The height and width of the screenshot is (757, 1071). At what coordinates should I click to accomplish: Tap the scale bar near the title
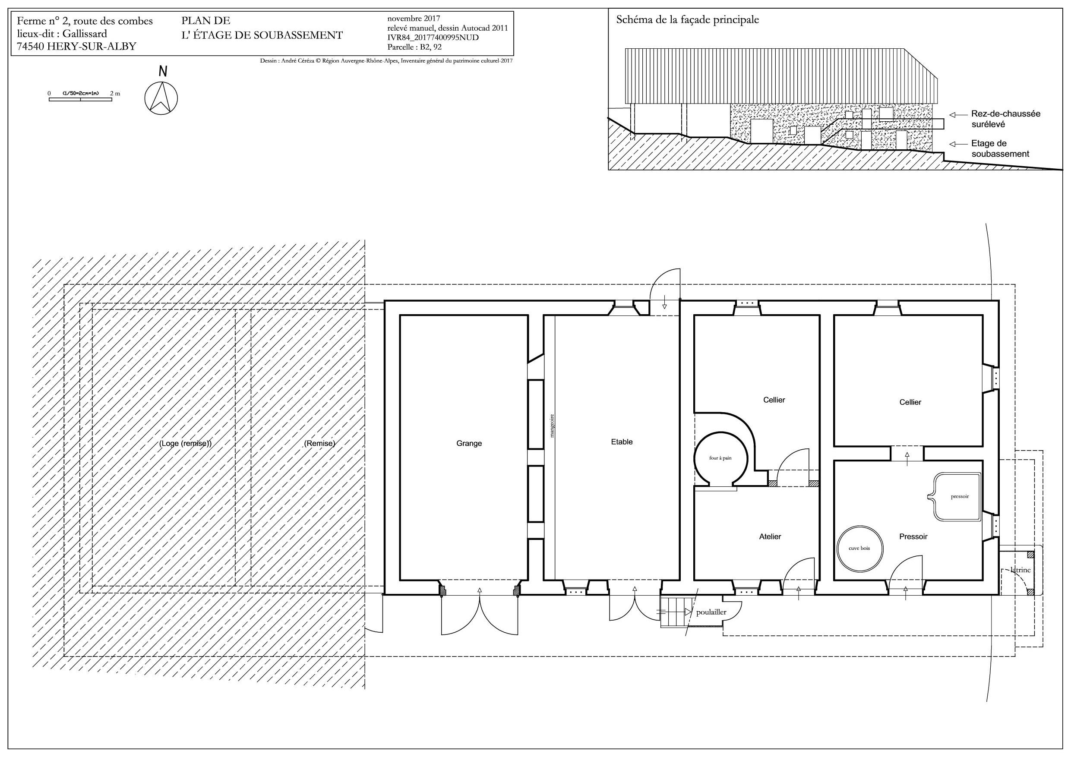(80, 99)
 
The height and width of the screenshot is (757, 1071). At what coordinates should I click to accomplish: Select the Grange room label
(469, 444)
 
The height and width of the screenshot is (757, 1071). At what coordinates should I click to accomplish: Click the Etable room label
(622, 442)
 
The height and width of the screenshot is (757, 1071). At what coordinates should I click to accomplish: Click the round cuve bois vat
(859, 549)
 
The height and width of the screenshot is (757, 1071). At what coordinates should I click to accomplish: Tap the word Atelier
(770, 537)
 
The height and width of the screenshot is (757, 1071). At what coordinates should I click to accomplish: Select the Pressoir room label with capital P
(913, 537)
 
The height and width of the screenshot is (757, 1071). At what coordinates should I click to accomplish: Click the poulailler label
(711, 612)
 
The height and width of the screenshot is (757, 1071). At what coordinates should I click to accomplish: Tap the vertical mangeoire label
(552, 426)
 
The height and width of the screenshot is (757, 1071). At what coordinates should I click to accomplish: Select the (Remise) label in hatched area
(319, 444)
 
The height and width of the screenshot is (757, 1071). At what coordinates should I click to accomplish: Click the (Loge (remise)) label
(186, 444)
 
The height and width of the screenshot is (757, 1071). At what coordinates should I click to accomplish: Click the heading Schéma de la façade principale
(688, 20)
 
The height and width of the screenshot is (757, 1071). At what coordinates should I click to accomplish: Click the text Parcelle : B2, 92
(414, 47)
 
